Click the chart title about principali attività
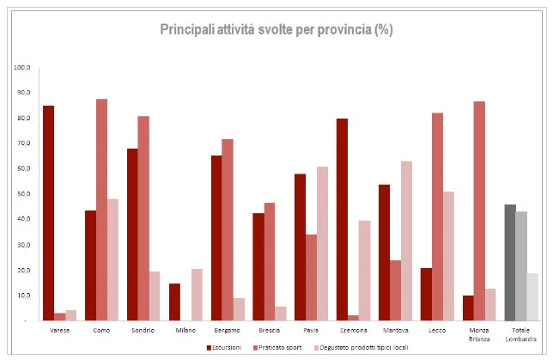(276, 29)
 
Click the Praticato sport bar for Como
(101, 210)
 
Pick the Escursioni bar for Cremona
(342, 219)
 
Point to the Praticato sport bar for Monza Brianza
(478, 211)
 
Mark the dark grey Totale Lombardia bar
(509, 262)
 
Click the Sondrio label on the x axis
(143, 330)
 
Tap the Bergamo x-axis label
(227, 330)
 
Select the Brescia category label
(269, 330)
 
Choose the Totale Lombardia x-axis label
(520, 334)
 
